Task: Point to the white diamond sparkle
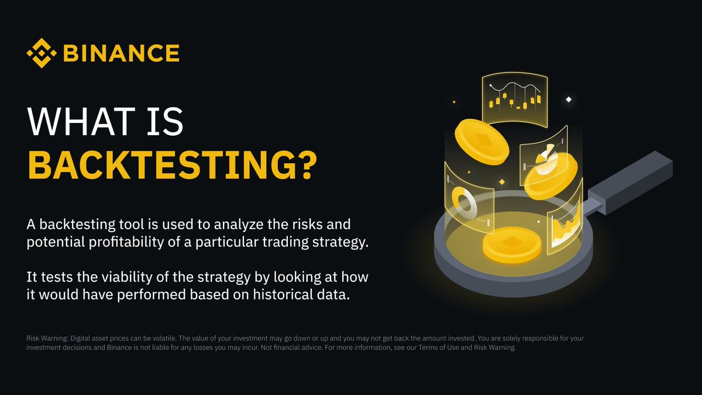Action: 568,100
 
